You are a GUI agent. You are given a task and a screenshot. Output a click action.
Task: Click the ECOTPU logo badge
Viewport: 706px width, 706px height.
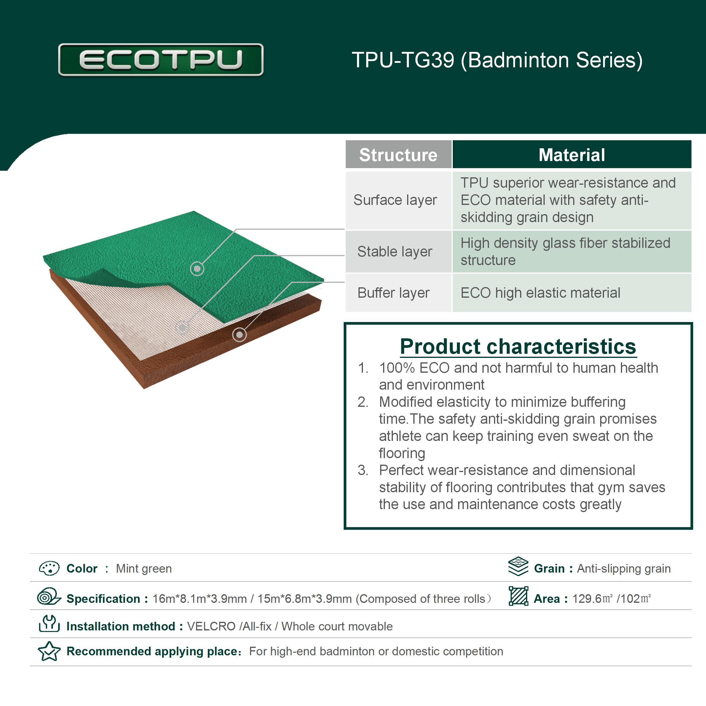pos(161,60)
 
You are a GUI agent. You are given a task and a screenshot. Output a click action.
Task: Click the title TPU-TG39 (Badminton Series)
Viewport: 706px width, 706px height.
pos(497,60)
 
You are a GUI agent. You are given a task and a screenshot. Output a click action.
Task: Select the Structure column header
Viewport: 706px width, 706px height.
pos(398,154)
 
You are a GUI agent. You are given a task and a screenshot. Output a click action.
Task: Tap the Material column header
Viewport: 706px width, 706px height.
pos(572,154)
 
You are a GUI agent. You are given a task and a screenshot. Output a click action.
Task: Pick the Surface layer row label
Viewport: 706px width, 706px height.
pos(395,200)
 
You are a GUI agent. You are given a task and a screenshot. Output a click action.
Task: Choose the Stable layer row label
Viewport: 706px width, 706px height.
pos(395,252)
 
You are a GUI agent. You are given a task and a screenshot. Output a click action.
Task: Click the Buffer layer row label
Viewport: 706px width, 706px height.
pos(393,293)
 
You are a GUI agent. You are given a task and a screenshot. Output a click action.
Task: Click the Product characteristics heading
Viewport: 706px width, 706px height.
pos(518,346)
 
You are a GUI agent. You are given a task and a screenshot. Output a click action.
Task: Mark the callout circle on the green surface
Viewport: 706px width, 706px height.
pos(197,269)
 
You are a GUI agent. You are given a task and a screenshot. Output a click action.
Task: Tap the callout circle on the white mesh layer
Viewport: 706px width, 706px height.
pos(182,327)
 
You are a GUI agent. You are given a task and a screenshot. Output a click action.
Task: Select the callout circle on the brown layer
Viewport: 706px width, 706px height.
pos(239,334)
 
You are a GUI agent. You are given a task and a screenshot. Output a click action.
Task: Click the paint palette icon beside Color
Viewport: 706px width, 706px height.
pos(49,568)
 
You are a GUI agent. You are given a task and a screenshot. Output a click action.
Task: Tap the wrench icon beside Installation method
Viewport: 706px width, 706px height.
pos(49,623)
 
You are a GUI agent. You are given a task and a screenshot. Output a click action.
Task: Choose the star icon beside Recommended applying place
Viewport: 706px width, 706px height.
pos(49,651)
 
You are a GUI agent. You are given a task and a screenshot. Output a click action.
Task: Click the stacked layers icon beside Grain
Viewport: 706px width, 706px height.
pos(518,566)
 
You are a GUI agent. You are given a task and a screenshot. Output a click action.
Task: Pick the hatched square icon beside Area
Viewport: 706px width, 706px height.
pos(519,596)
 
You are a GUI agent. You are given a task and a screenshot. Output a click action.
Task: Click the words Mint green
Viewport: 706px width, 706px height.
pos(144,569)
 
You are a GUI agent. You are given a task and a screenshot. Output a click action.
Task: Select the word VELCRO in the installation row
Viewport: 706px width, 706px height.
pos(211,626)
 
